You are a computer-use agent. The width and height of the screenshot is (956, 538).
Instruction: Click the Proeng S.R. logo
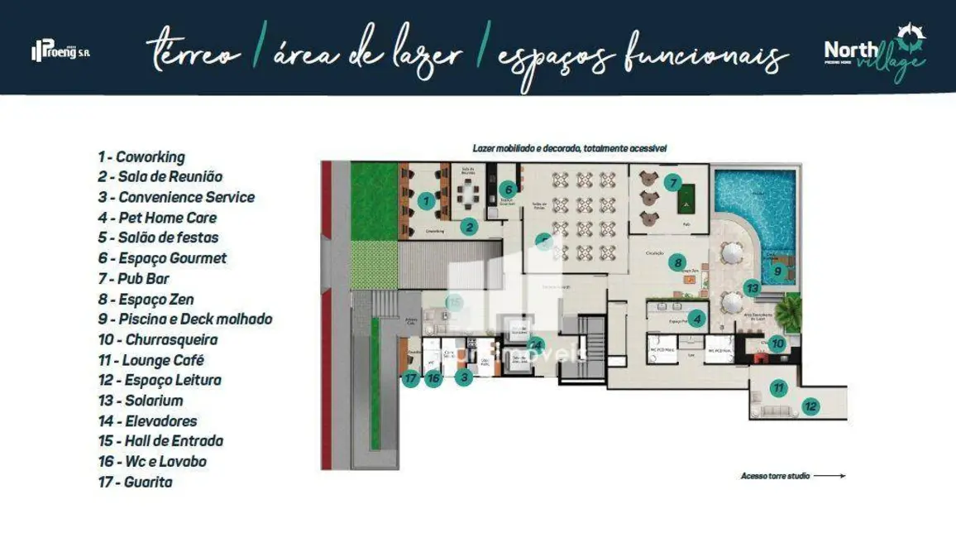[x=60, y=51]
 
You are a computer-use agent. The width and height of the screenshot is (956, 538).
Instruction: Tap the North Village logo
[x=875, y=51]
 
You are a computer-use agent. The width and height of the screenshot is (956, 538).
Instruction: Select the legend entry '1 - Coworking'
[x=141, y=156]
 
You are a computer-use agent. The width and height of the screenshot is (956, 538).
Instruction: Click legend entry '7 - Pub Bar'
[x=133, y=279]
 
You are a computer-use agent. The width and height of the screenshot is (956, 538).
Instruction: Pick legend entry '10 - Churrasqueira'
[x=157, y=339]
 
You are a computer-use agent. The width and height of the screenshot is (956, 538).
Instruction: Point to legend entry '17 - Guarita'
[x=135, y=482]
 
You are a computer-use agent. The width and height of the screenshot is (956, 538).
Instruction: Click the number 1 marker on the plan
[x=426, y=200]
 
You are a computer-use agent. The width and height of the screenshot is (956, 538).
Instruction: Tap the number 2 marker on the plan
[x=469, y=227]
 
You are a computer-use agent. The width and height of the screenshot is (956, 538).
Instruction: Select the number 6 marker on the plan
[x=509, y=190]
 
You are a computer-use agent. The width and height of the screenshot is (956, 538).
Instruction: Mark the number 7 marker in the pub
[x=673, y=183]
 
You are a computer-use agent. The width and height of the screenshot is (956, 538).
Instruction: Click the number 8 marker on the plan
[x=678, y=263]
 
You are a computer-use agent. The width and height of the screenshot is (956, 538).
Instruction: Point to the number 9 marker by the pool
[x=777, y=270]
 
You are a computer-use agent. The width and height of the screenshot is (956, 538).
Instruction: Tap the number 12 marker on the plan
[x=811, y=406]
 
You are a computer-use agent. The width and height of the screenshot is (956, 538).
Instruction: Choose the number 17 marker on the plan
[x=411, y=378]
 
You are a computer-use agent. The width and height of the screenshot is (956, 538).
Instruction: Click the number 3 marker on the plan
[x=465, y=377]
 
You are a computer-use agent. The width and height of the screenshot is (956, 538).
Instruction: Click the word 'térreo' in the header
[x=194, y=55]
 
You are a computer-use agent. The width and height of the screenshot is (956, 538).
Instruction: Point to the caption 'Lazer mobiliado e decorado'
[x=525, y=148]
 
